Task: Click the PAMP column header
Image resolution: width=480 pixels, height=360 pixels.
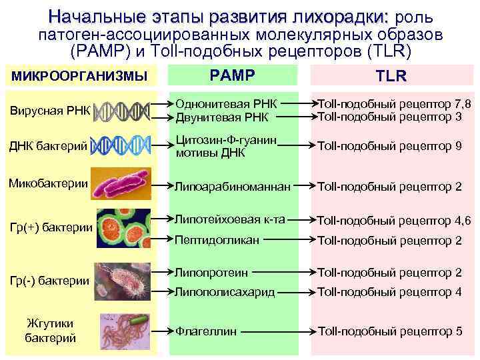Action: (x=233, y=75)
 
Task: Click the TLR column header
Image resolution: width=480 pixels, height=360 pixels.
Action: (x=391, y=76)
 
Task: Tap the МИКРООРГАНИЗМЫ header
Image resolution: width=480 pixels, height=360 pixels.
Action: (x=79, y=76)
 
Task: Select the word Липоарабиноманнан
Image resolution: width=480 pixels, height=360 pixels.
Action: (x=233, y=187)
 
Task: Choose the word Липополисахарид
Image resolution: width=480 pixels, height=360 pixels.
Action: (x=225, y=291)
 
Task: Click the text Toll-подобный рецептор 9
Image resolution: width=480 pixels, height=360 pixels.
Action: (x=389, y=145)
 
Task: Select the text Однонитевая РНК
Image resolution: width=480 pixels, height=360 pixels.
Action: (x=225, y=103)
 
